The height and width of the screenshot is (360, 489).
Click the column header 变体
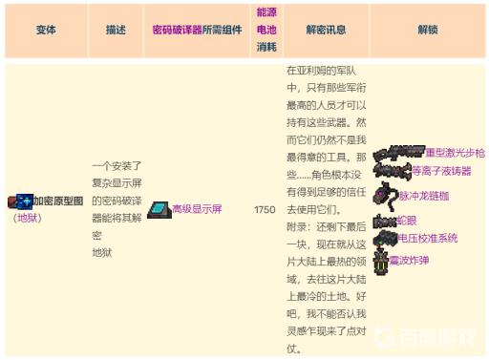pos(45,31)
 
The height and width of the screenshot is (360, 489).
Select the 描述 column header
pos(115,31)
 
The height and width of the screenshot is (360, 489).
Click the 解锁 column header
pos(427,31)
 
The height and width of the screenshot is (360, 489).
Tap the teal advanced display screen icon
pos(159,209)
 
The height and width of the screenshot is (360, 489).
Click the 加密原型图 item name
pos(57,202)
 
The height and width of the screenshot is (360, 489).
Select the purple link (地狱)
pos(26,218)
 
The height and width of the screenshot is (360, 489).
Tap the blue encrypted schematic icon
pos(20,201)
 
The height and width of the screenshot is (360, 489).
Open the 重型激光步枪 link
pos(454,153)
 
